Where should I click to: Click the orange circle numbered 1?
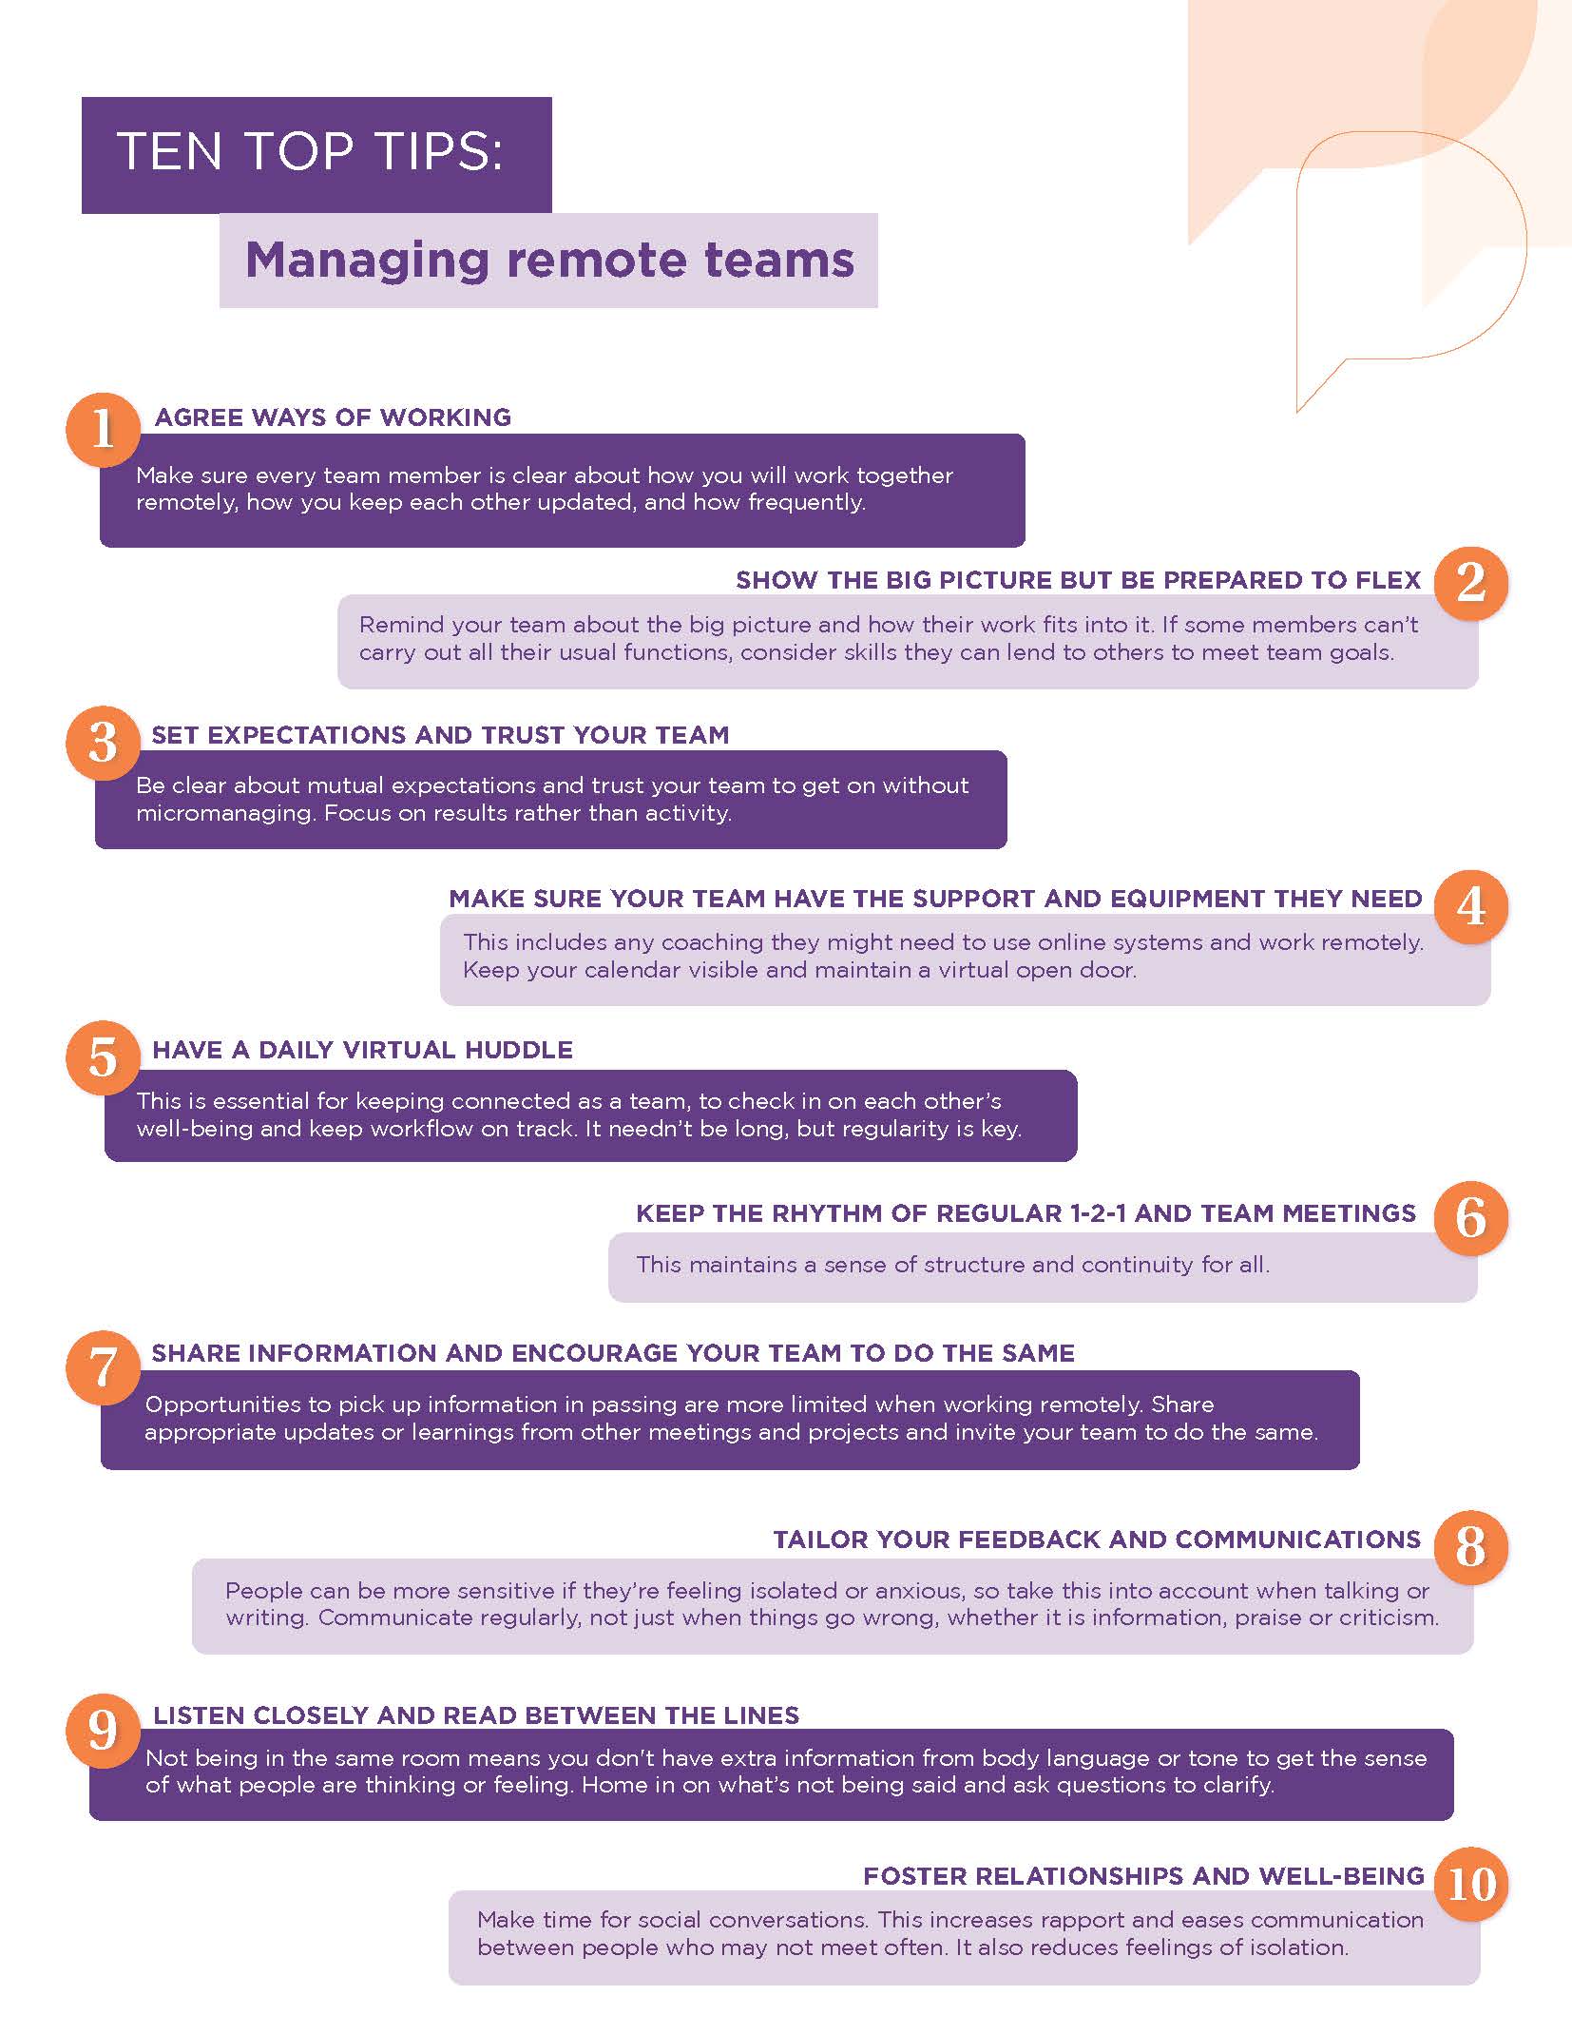[103, 429]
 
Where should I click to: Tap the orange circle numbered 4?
[1470, 906]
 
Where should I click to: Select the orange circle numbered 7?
[103, 1367]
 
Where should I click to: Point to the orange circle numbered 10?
[1470, 1884]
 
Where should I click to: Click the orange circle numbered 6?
[1470, 1218]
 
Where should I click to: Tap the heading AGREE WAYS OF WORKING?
[333, 417]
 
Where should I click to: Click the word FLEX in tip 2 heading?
[1389, 580]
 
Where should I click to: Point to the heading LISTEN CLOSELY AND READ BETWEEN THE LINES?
[476, 1715]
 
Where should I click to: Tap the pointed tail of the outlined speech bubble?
[1298, 411]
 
